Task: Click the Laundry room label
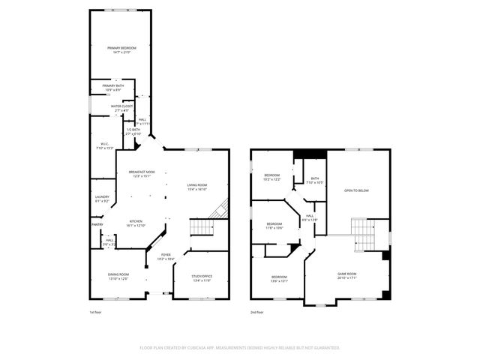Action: [x=102, y=199]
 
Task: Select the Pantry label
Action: [x=97, y=224]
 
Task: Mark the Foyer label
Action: [x=165, y=256]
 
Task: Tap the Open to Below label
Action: [x=356, y=190]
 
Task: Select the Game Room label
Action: [x=346, y=275]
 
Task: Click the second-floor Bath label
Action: [x=314, y=179]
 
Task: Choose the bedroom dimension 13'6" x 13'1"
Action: [x=278, y=281]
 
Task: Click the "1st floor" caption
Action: [x=96, y=313]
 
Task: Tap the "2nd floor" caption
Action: [x=257, y=313]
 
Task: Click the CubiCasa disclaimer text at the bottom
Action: [x=240, y=347]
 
